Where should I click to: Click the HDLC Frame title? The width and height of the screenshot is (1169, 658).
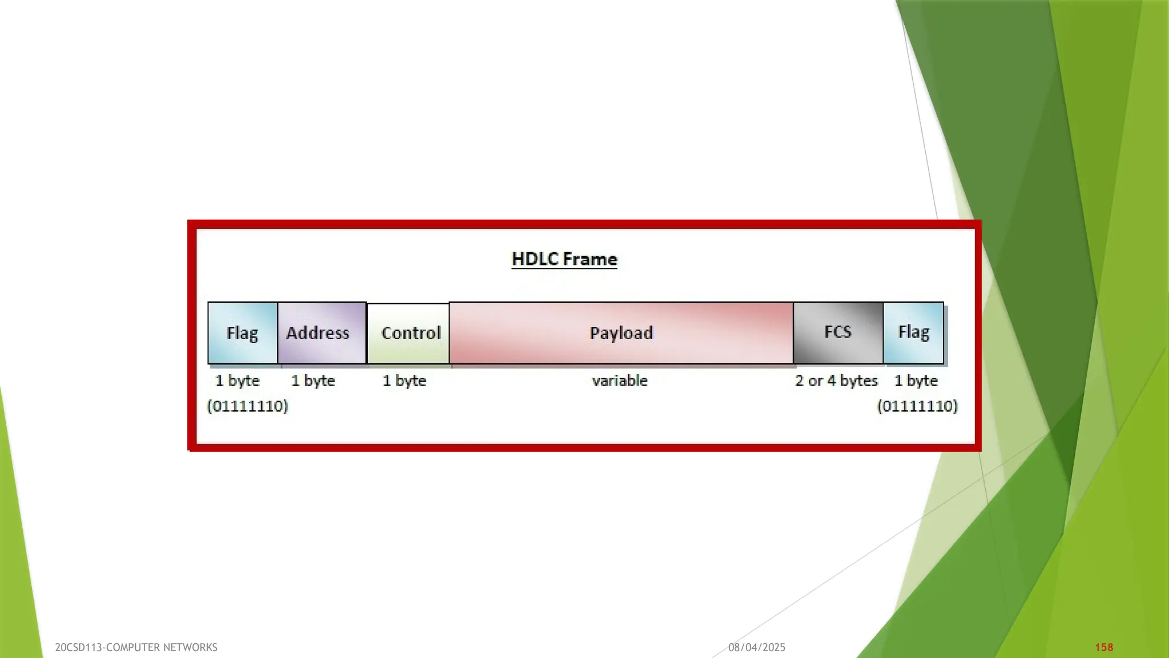click(x=564, y=259)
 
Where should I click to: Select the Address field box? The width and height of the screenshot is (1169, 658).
click(x=321, y=332)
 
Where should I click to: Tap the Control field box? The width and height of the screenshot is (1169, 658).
click(x=408, y=333)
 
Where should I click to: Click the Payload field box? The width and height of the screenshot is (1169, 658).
click(x=621, y=332)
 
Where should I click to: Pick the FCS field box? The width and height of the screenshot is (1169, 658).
click(x=838, y=332)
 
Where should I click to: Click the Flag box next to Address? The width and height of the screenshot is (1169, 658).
click(x=243, y=332)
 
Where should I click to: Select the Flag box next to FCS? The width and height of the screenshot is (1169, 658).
click(x=913, y=332)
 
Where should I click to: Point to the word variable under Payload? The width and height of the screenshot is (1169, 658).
click(x=620, y=380)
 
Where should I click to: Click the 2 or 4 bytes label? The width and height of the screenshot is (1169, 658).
click(x=836, y=380)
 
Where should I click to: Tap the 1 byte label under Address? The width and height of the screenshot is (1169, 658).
click(x=313, y=380)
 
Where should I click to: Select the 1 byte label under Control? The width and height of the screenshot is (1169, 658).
click(x=404, y=380)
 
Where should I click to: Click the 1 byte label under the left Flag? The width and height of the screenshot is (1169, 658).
click(x=237, y=380)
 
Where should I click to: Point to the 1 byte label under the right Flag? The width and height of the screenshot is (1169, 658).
click(x=916, y=380)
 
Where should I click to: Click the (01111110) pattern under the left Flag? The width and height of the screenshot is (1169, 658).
click(x=247, y=406)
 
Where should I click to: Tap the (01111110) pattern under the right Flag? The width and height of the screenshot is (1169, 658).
click(x=917, y=406)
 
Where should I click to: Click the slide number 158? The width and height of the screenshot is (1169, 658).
click(x=1104, y=647)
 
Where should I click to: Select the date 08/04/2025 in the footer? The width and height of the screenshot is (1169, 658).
click(x=757, y=647)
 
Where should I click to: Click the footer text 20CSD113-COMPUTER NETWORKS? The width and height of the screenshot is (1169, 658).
click(x=136, y=647)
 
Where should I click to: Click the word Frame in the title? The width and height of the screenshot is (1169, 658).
click(x=590, y=259)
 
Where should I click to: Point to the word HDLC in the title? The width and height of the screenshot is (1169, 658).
click(x=535, y=259)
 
